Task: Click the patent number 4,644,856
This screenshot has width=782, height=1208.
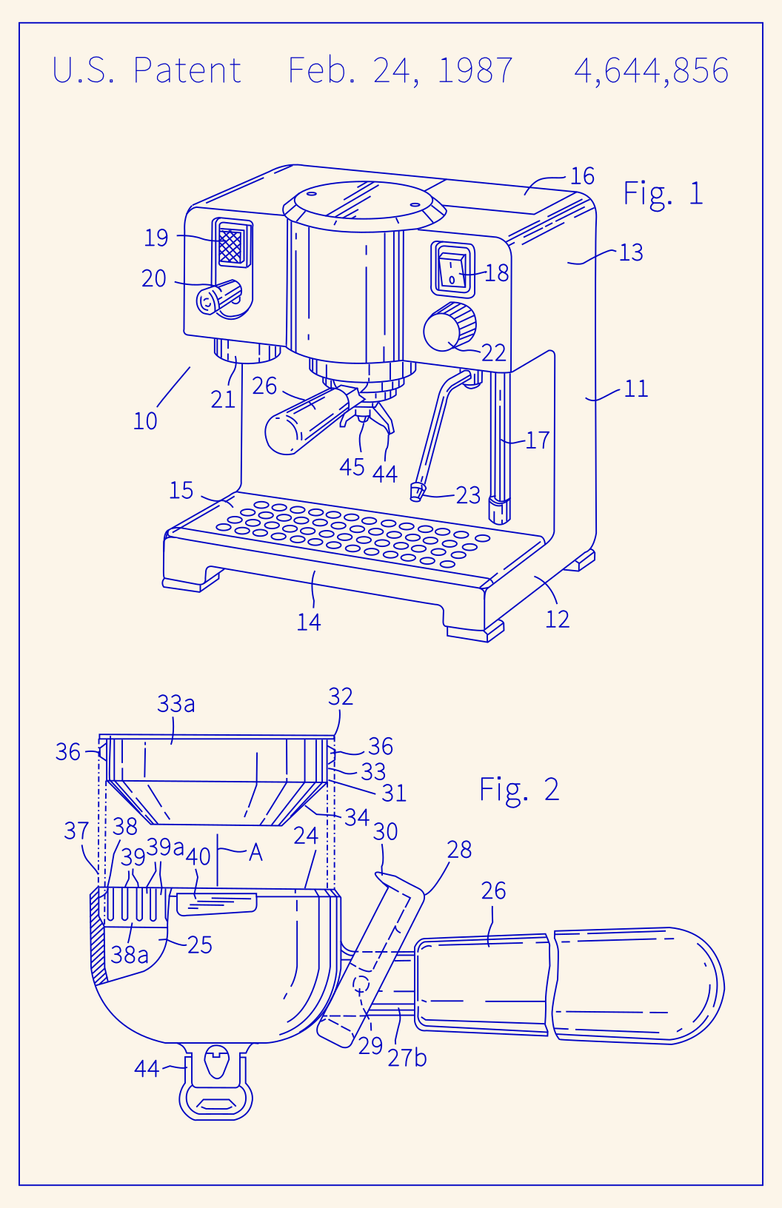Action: [651, 71]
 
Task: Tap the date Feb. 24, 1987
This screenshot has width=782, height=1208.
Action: [400, 71]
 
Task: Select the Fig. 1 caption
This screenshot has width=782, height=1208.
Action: [662, 193]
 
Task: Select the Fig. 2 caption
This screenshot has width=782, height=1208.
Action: [518, 789]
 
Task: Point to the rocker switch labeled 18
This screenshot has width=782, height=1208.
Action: [452, 271]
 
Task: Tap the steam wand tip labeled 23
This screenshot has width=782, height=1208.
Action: [417, 491]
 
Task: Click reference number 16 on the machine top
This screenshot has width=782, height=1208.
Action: [582, 176]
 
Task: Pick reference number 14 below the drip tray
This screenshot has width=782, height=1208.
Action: [309, 622]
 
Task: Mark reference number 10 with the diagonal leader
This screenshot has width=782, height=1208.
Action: [145, 421]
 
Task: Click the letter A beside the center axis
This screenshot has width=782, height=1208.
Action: [255, 853]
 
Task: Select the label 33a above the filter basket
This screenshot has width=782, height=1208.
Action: [176, 704]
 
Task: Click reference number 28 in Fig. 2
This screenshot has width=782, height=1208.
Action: [459, 850]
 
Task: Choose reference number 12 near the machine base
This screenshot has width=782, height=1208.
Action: [557, 620]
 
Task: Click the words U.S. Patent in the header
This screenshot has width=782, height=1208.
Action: [147, 71]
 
